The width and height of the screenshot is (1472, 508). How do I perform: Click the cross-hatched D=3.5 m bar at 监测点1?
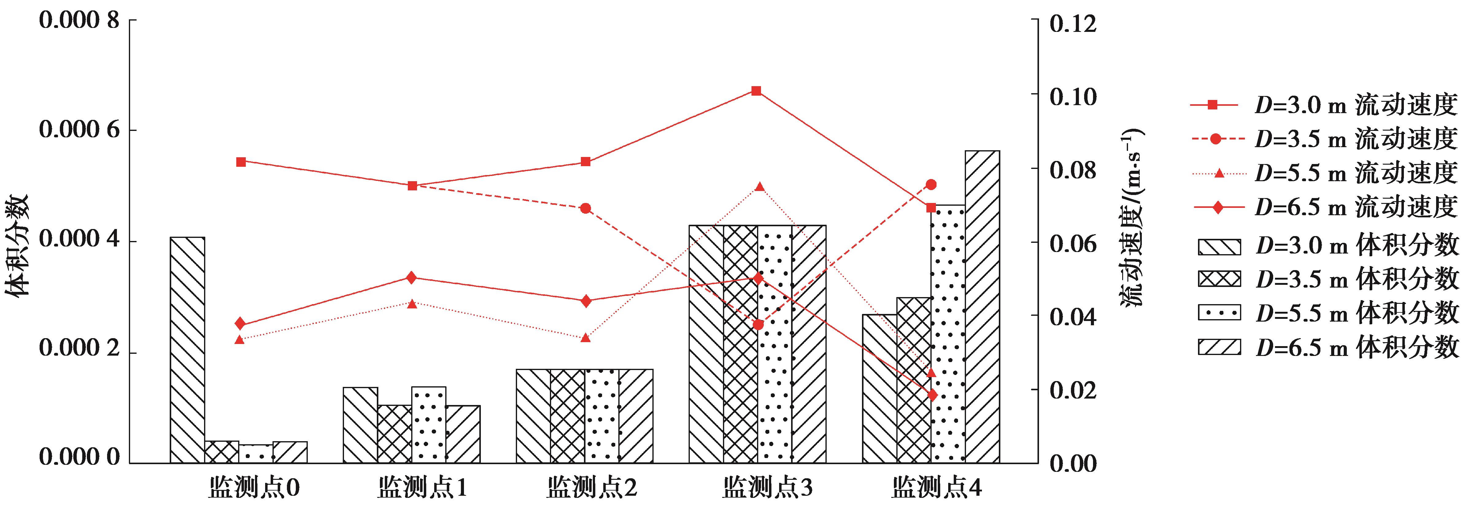(x=394, y=434)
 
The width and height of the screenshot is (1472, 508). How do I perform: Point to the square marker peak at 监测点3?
(x=756, y=91)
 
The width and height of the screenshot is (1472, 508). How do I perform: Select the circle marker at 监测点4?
(x=931, y=184)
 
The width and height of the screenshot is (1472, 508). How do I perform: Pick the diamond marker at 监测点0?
(x=240, y=324)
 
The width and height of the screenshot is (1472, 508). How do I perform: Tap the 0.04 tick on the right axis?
(x=1073, y=317)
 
